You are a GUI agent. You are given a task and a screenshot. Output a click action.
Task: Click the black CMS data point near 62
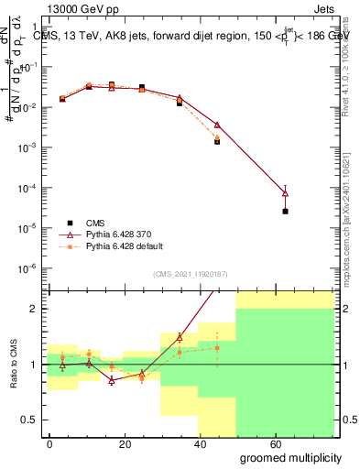coord(285,212)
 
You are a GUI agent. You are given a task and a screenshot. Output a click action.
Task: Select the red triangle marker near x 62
coord(285,192)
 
